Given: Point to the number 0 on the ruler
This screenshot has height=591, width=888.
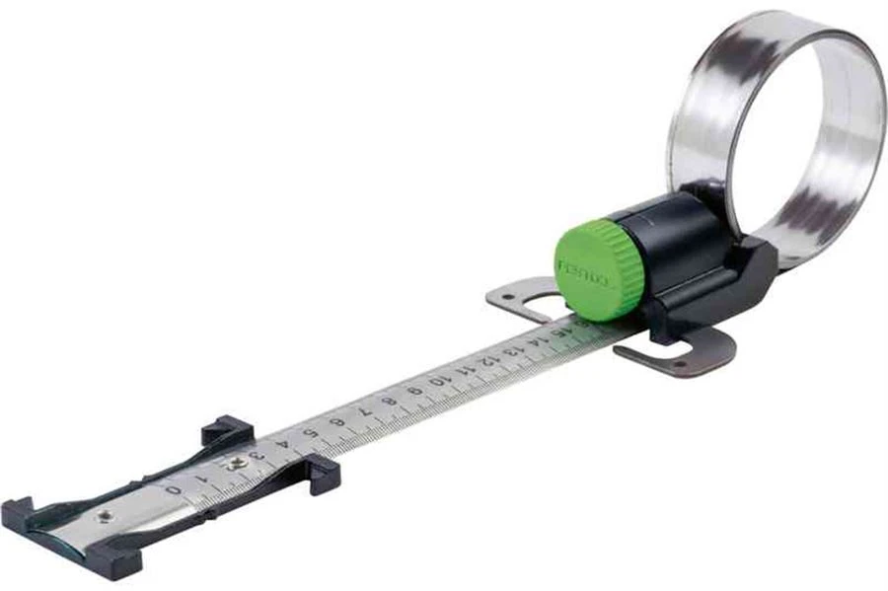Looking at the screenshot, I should point(173,487).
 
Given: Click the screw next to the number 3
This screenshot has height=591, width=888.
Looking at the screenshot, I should point(237,462).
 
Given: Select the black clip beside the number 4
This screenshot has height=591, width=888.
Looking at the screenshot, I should point(322,472).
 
